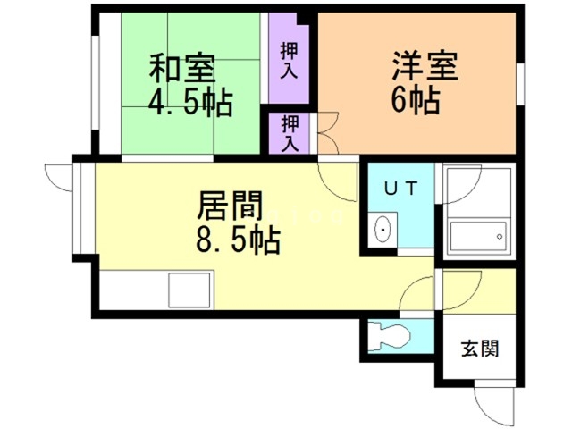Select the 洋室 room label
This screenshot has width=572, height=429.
click(425, 68)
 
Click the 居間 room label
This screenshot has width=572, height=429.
click(230, 207)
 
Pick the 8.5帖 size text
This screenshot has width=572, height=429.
click(237, 240)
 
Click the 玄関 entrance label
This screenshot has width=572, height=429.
click(481, 349)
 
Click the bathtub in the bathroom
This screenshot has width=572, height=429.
click(480, 238)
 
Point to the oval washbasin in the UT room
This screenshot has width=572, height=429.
click(384, 228)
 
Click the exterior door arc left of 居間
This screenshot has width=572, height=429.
click(57, 177)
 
